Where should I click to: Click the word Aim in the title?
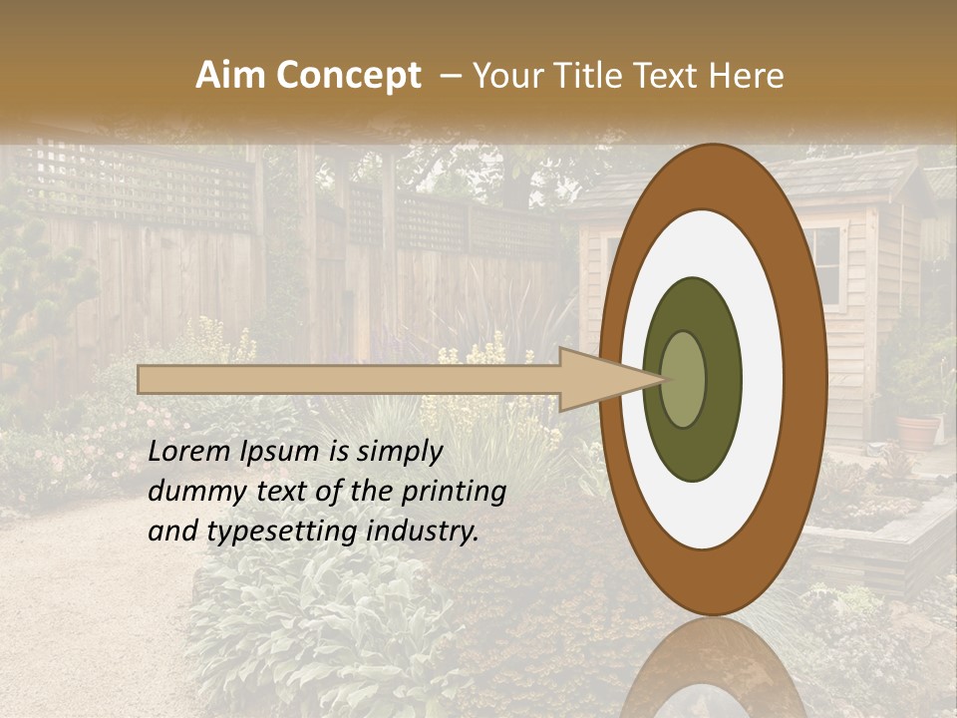(231, 76)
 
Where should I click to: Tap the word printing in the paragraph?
(453, 492)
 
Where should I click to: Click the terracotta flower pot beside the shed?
(917, 431)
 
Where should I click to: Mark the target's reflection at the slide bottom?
(712, 673)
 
